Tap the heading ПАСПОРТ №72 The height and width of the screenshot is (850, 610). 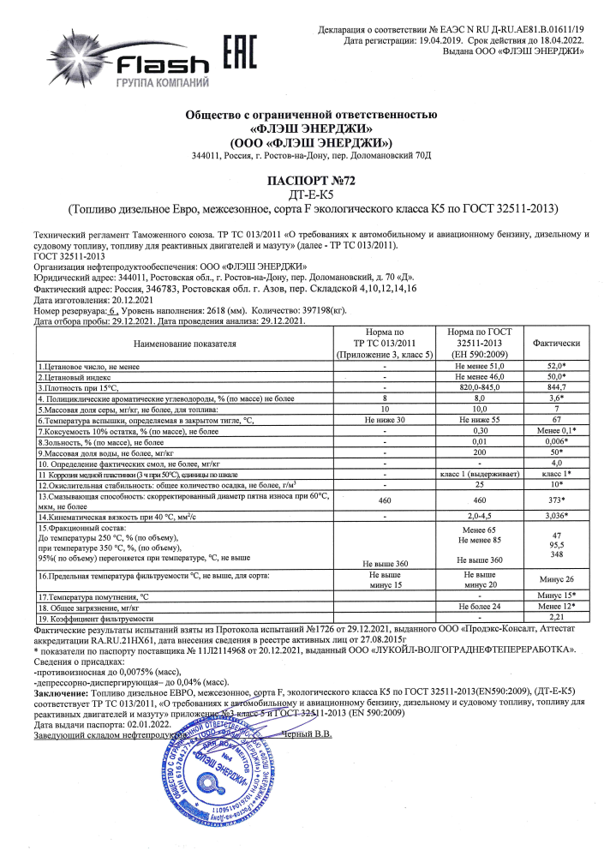tap(313, 181)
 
